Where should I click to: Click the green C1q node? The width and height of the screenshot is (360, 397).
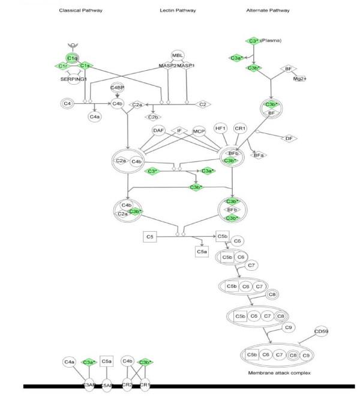73,58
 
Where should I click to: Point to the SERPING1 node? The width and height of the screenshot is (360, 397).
74,78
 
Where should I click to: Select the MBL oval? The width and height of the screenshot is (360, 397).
178,56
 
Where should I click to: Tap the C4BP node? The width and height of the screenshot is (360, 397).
117,88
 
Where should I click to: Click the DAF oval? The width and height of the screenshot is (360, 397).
158,130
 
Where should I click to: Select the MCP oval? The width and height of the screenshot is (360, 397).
199,130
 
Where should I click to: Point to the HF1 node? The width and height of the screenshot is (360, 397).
220,129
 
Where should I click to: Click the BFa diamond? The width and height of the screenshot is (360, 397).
259,156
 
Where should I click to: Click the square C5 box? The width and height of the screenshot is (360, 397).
150,237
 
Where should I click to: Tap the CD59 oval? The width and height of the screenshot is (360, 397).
322,332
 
